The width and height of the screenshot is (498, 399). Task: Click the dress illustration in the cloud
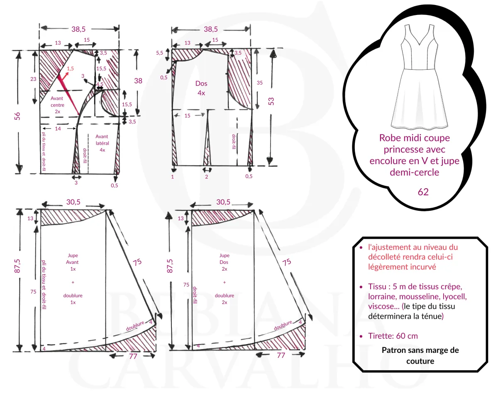[x=419, y=79]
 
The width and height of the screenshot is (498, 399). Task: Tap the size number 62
[x=423, y=192]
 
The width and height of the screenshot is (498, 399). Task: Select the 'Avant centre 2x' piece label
[x=57, y=105]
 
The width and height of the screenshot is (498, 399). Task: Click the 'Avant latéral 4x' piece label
[x=102, y=143]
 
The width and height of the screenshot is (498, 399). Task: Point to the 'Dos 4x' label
[x=201, y=88]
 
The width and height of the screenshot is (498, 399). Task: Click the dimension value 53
[x=271, y=101]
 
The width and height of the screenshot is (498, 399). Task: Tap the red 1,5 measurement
[x=70, y=69]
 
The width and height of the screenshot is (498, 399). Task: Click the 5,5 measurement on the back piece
[x=159, y=53]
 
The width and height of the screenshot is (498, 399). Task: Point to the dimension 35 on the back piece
[x=260, y=83]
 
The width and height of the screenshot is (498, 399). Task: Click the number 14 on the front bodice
[x=58, y=129]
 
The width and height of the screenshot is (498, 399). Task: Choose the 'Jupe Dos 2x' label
[x=224, y=262]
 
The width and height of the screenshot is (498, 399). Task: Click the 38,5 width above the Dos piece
[x=211, y=29]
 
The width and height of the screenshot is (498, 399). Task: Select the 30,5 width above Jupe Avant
[x=73, y=202]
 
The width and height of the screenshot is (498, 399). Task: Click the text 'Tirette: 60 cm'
[x=393, y=336]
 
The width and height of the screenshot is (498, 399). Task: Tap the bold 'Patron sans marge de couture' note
[x=420, y=355]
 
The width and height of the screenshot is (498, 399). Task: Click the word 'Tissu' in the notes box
[x=377, y=287]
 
